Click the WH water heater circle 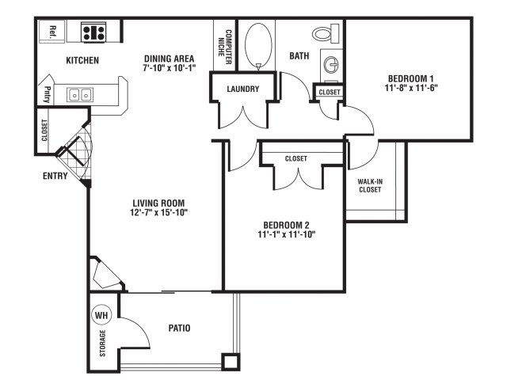(x=102, y=315)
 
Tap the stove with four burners (x=93, y=32)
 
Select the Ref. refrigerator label (x=52, y=32)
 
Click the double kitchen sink (x=80, y=95)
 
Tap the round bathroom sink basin (x=331, y=65)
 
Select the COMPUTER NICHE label (x=225, y=47)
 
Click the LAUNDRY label (x=243, y=89)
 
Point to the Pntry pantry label (x=48, y=94)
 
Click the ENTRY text (x=55, y=176)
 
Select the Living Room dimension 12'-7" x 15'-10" (x=158, y=213)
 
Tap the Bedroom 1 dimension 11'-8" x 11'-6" (x=411, y=88)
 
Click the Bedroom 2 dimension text (x=287, y=234)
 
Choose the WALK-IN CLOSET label (x=370, y=186)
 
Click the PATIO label (x=180, y=329)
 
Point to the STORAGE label (x=102, y=343)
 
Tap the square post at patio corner (x=231, y=362)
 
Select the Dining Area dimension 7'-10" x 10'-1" (x=169, y=68)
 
